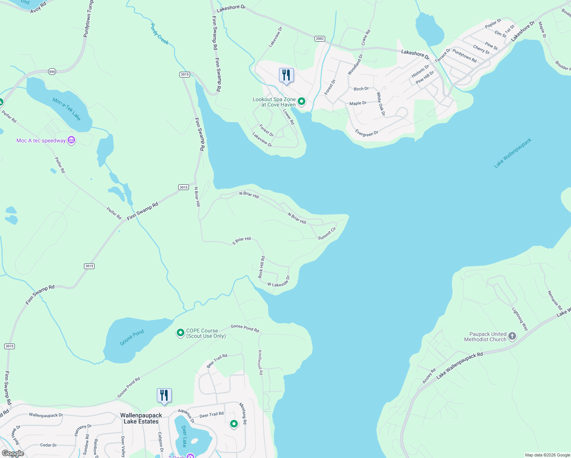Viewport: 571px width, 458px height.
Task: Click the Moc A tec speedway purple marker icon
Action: pos(71,140)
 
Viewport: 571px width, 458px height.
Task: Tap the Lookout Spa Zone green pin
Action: pos(302,102)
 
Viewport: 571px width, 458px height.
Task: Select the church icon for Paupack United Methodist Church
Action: pos(512,336)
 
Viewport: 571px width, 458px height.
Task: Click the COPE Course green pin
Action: pos(180,333)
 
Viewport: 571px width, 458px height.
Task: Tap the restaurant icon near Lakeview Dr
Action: pos(286,75)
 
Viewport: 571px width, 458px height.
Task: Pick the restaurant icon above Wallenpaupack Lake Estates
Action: pos(164,395)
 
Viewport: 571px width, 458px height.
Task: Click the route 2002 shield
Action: pos(320,39)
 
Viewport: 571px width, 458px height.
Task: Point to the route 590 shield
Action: pos(52,71)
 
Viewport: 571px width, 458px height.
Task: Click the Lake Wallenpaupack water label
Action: pos(513,153)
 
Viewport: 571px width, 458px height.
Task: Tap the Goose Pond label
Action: pos(132,337)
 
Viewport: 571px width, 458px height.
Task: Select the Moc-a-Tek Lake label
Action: pos(66,109)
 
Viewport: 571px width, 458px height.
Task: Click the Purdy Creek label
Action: pos(159,34)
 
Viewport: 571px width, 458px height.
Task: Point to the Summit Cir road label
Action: pos(327,233)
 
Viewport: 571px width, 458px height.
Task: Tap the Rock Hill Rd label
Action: pos(261,267)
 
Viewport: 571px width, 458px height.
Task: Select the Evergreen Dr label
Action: pos(366,133)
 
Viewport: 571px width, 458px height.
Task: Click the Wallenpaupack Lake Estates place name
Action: pos(141,418)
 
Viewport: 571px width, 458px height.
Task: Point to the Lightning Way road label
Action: pos(520,319)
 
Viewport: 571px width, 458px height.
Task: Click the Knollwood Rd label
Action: pos(261,363)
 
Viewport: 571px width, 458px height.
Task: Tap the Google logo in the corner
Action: pos(13,453)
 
